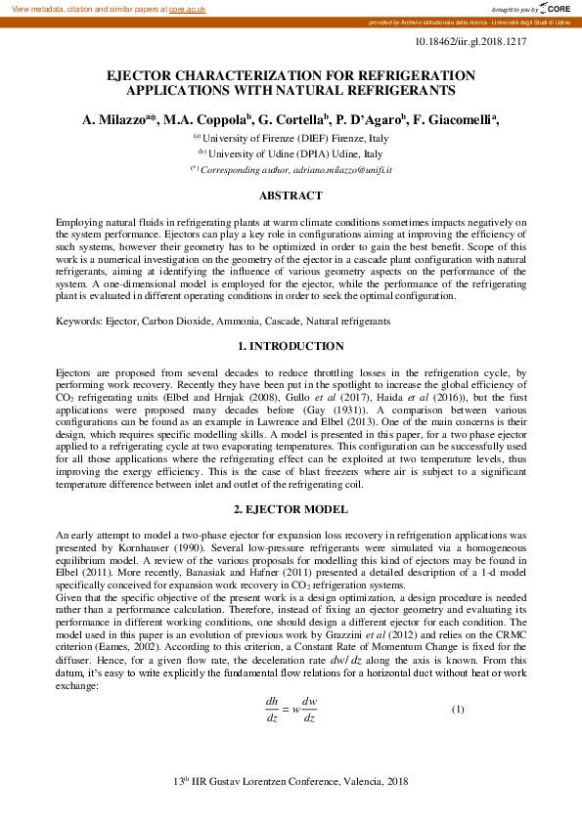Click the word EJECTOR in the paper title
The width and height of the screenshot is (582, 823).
point(147,75)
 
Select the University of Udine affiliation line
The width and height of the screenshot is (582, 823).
point(291,154)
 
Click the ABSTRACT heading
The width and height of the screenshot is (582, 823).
point(291,196)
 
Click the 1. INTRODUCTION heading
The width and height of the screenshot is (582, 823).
point(291,346)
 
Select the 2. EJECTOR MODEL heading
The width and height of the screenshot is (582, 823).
point(291,509)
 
